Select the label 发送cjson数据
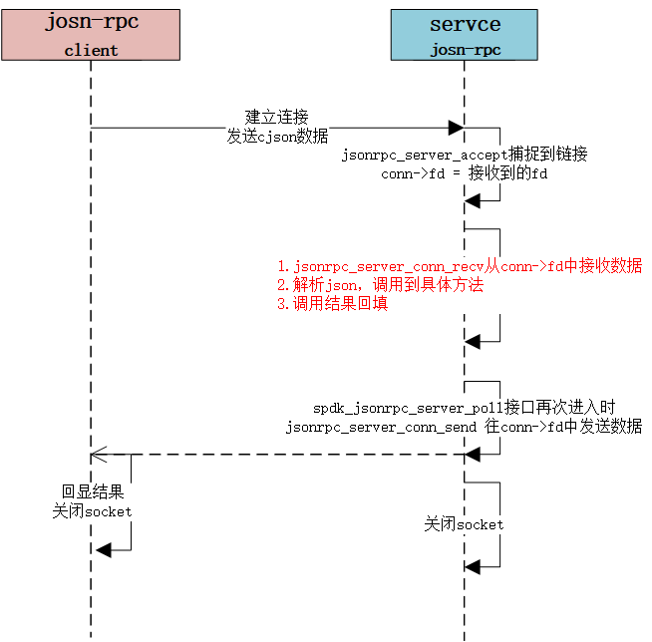pyautogui.click(x=277, y=137)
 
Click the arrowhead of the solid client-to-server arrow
pyautogui.click(x=455, y=128)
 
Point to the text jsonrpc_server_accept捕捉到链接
pyautogui.click(x=465, y=155)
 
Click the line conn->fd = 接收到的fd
pyautogui.click(x=465, y=173)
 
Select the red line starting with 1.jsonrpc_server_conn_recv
pyautogui.click(x=460, y=266)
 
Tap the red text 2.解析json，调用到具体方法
pyautogui.click(x=380, y=285)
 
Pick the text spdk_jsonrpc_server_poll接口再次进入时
pyautogui.click(x=464, y=407)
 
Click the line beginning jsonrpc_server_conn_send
pyautogui.click(x=464, y=426)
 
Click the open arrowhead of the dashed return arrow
pyautogui.click(x=98, y=456)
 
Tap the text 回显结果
pyautogui.click(x=92, y=492)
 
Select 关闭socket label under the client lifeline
pyautogui.click(x=92, y=511)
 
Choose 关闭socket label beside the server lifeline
pyautogui.click(x=464, y=524)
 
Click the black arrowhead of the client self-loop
pyautogui.click(x=104, y=550)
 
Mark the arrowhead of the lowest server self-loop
pyautogui.click(x=473, y=566)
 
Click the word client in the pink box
pyautogui.click(x=91, y=50)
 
